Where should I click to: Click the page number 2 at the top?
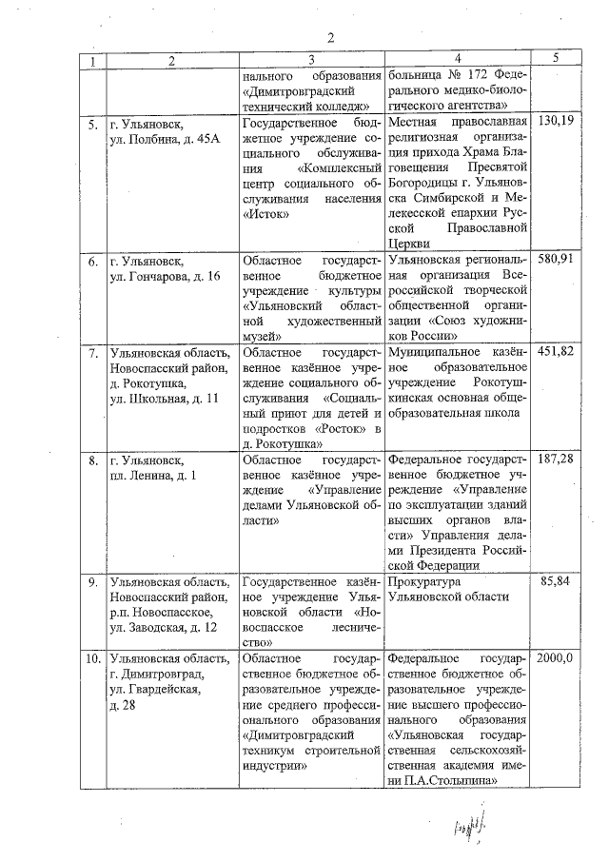[x=330, y=37]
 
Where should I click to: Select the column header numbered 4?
[x=458, y=60]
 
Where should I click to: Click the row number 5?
[x=93, y=125]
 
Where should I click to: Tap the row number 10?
[x=92, y=659]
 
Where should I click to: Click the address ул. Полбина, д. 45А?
[x=165, y=140]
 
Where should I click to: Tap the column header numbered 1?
[x=91, y=60]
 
